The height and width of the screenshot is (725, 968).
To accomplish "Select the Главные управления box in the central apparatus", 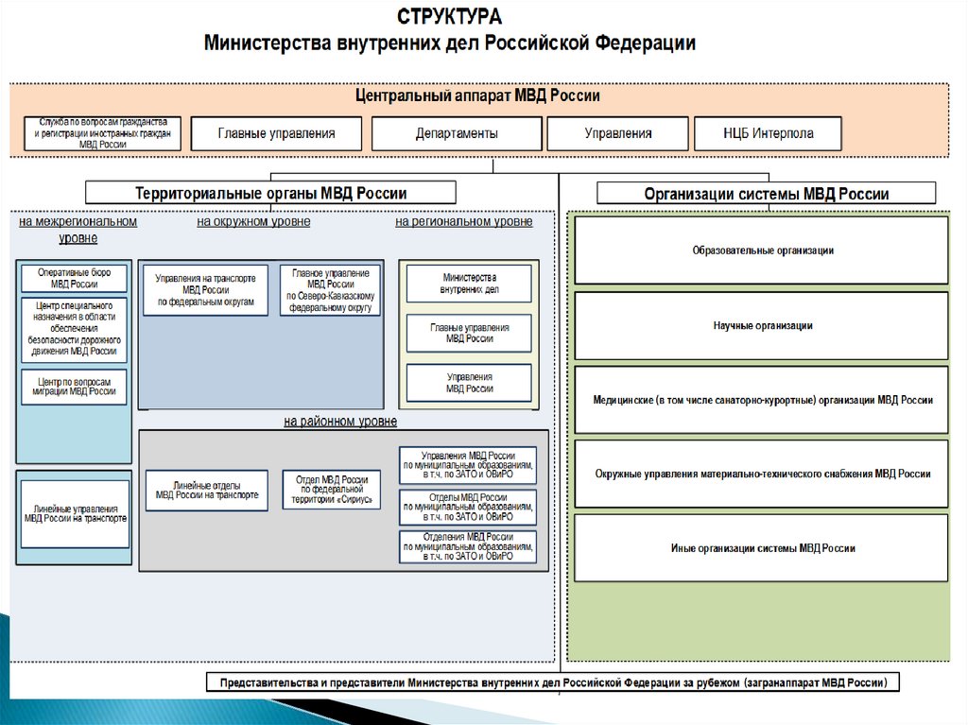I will pos(276,133).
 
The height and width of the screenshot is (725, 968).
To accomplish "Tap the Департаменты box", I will pos(457,133).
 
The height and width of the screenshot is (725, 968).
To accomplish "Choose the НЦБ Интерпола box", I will pos(767,133).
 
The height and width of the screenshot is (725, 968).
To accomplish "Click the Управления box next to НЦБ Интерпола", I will pos(618,133).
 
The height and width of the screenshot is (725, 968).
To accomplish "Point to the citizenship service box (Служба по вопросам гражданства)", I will pos(103,133).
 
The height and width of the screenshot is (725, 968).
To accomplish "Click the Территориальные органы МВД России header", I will pos(270,193).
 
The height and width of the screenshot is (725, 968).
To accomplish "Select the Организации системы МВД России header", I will pos(766,194).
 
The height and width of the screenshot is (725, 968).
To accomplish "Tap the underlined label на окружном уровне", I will pos(253,222).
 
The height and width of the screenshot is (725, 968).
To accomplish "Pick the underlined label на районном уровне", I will pos(340,422).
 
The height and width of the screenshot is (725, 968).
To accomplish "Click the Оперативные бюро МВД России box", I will pos(75,278).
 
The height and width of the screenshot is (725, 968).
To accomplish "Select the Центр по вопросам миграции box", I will pos(75,386).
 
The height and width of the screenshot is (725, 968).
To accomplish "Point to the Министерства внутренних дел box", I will pos(469,284).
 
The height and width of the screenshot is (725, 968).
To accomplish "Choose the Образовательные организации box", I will pos(761,250).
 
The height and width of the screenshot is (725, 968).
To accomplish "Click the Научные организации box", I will pos(761,325).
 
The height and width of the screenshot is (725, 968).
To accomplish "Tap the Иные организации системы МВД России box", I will pos(761,548).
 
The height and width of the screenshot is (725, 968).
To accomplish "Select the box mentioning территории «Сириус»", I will pos(331,490).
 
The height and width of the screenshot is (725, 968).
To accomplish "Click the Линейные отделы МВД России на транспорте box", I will pos(206,489).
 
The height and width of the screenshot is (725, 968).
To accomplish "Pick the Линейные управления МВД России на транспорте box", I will pos(75,513).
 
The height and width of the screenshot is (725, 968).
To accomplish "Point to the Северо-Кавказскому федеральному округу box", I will pos(330,289).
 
